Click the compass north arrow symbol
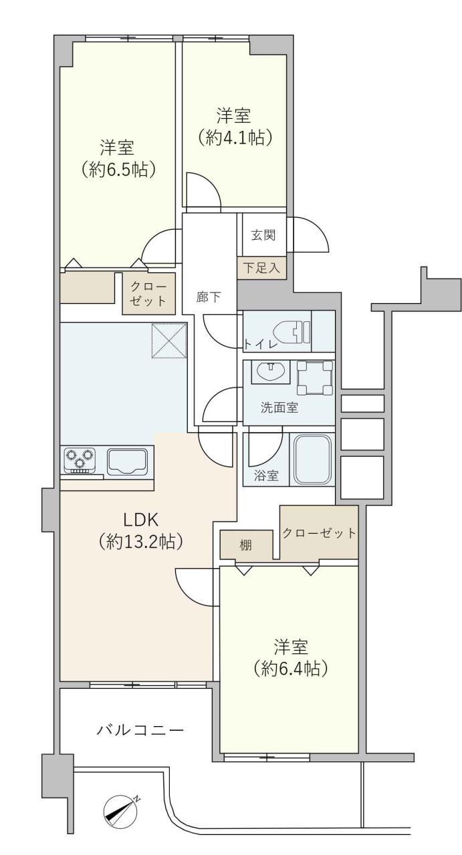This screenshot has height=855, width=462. (121, 809)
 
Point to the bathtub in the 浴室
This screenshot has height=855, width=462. (313, 460)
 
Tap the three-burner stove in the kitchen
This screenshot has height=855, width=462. (80, 460)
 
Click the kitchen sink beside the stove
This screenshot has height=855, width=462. (127, 462)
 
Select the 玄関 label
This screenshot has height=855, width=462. (261, 235)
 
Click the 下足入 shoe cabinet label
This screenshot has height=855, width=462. (261, 269)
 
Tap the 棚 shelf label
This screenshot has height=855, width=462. (246, 545)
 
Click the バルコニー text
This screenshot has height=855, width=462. (140, 729)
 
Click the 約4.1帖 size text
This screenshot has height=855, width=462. (234, 138)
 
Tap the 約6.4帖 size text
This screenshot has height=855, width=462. (290, 668)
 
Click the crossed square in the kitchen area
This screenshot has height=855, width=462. (170, 340)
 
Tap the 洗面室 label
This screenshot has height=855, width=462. (279, 408)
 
